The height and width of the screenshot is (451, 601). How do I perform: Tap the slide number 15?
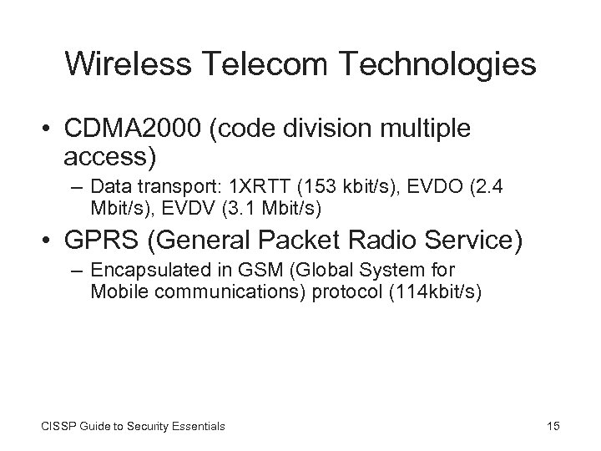pos(553,427)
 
